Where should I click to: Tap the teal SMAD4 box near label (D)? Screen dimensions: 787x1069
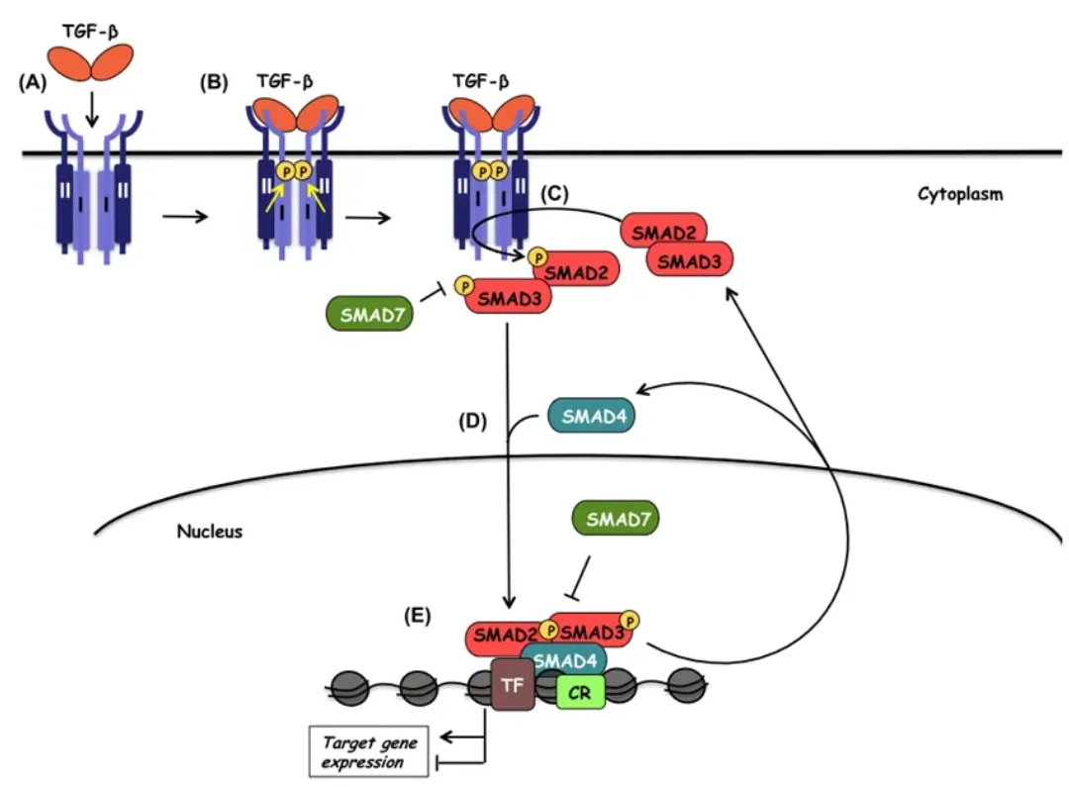pyautogui.click(x=591, y=417)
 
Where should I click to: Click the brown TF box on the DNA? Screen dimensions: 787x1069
pyautogui.click(x=513, y=683)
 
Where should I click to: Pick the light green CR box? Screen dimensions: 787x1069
pyautogui.click(x=580, y=692)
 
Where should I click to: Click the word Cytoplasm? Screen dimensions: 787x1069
pyautogui.click(x=959, y=194)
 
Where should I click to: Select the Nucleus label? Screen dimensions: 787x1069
pyautogui.click(x=209, y=532)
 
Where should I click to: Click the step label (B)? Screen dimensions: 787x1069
pyautogui.click(x=215, y=84)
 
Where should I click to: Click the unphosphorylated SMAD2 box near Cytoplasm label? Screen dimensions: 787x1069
pyautogui.click(x=663, y=232)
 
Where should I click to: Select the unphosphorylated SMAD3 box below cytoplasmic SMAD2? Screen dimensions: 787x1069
pyautogui.click(x=689, y=260)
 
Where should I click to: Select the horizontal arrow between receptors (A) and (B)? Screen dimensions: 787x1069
pyautogui.click(x=184, y=216)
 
